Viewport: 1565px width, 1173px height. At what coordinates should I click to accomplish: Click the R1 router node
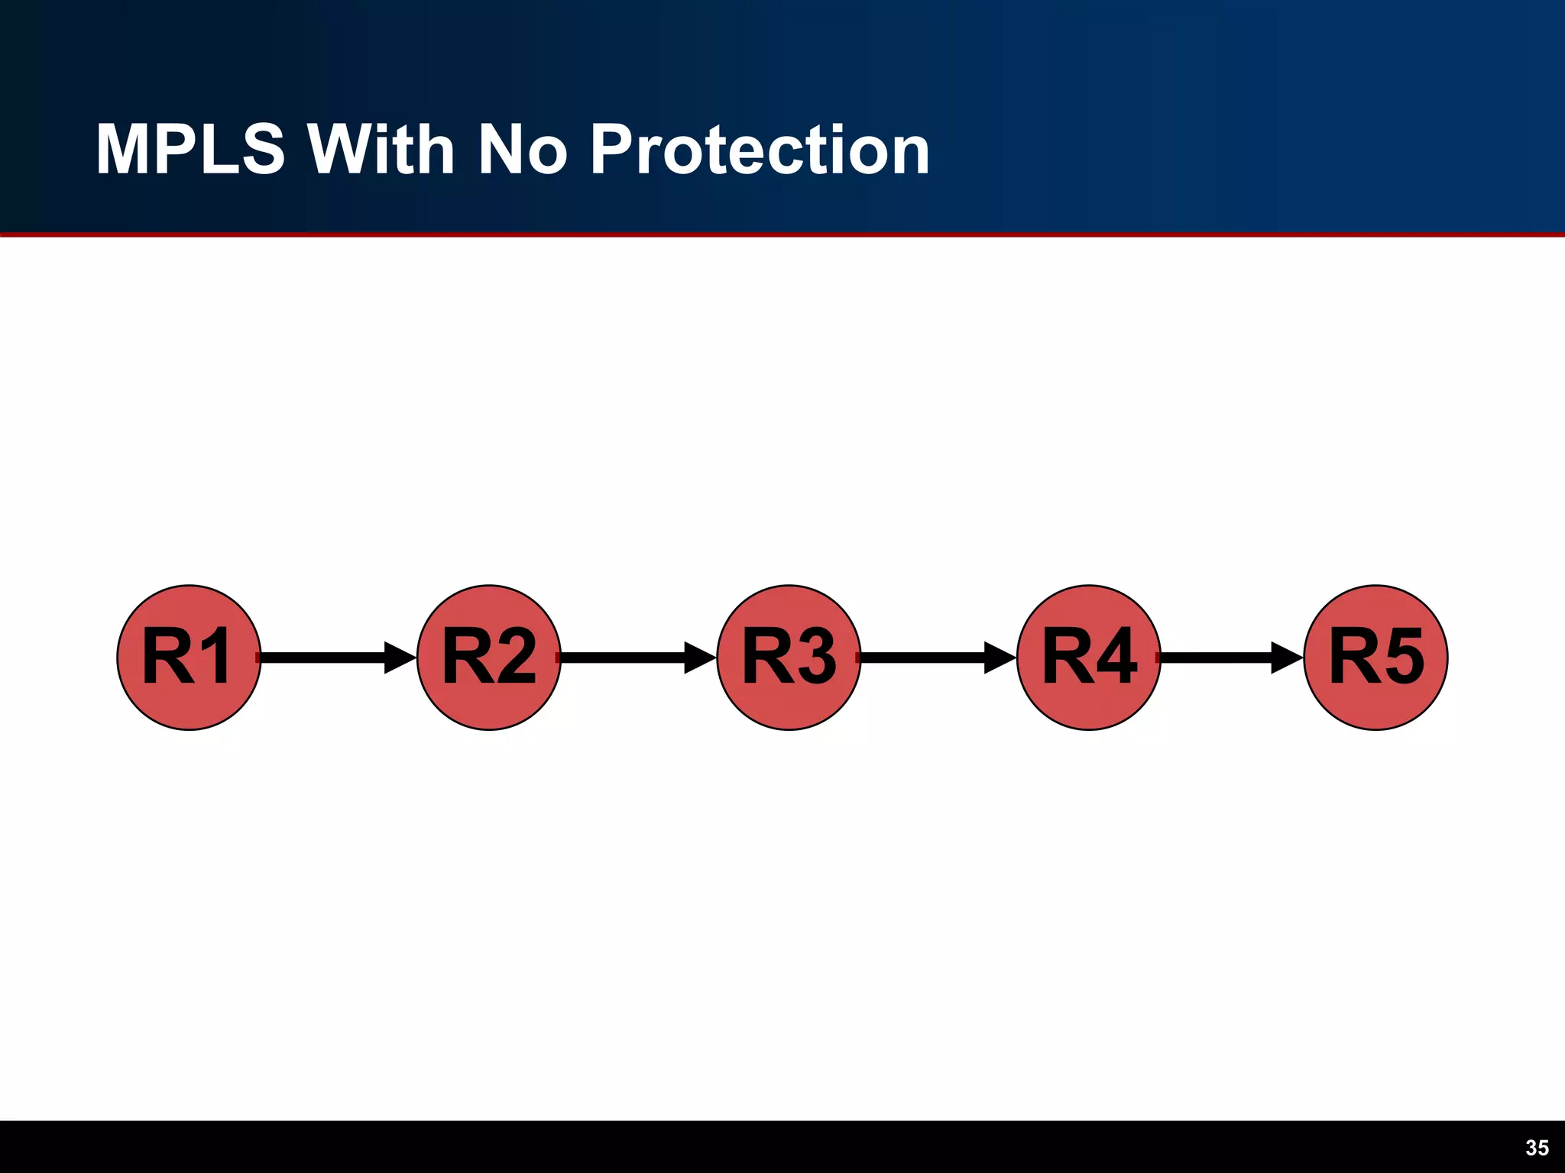pyautogui.click(x=189, y=658)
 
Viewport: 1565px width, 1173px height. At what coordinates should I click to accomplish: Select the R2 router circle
pyautogui.click(x=489, y=658)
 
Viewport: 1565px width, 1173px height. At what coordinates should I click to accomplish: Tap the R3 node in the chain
pyautogui.click(x=789, y=658)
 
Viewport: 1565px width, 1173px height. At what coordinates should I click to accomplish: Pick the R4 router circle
pyautogui.click(x=1089, y=658)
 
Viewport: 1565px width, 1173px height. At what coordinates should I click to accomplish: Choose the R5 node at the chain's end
pyautogui.click(x=1375, y=658)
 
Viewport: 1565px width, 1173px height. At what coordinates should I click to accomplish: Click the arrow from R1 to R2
pyautogui.click(x=329, y=658)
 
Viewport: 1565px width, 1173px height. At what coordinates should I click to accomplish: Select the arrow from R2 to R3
pyautogui.click(x=628, y=658)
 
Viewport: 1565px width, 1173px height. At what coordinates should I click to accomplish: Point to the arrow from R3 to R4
pyautogui.click(x=928, y=658)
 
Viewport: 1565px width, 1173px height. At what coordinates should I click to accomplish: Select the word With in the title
pyautogui.click(x=381, y=150)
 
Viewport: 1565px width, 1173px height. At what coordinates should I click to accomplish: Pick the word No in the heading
pyautogui.click(x=523, y=150)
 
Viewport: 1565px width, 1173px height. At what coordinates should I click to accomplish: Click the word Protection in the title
pyautogui.click(x=760, y=150)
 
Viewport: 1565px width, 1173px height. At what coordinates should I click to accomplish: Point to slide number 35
pyautogui.click(x=1537, y=1148)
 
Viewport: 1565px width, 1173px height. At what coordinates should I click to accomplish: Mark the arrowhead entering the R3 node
pyautogui.click(x=700, y=658)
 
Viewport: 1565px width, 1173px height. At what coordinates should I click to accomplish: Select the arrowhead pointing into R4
pyautogui.click(x=1000, y=658)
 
